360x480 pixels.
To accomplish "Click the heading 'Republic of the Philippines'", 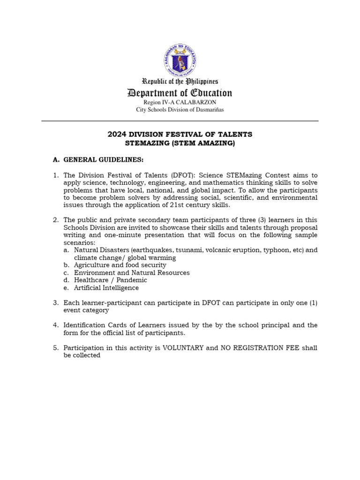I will pos(180,82).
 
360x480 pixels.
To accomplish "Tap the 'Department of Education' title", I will pos(180,93).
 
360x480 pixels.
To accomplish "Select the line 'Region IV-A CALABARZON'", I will pos(180,102).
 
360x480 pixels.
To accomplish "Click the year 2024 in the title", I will pos(117,135).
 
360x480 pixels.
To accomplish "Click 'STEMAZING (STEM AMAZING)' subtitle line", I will pos(180,143).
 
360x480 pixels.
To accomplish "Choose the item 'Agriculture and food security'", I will pos(120,265).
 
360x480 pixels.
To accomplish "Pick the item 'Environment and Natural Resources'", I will pos(132,273).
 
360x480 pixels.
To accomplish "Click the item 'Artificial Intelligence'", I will pos(106,288).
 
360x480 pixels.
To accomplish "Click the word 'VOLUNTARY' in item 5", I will pos(183,348).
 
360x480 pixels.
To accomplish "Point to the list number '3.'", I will pos(55,303).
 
